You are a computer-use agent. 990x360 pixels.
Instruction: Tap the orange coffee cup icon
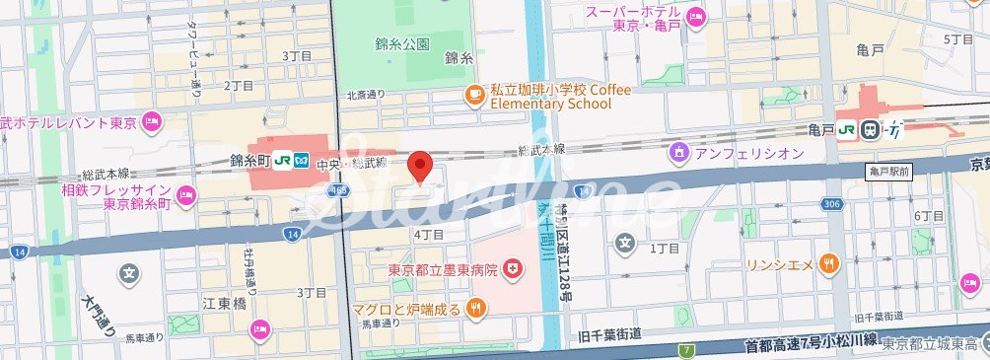point(475,95)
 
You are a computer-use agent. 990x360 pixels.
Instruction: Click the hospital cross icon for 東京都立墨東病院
point(513,268)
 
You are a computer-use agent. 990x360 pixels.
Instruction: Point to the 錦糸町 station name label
point(249,159)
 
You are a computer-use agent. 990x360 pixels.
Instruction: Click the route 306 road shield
point(830,205)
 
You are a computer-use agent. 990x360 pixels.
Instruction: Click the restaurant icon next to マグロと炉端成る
point(476,309)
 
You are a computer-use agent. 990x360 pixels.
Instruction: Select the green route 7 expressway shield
point(685,350)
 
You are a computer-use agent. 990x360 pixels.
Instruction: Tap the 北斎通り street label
point(364,95)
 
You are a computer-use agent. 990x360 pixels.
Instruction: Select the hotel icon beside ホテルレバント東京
point(151,123)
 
